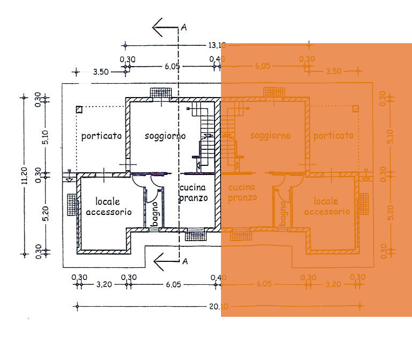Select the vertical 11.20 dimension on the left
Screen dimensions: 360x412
[x=23, y=177]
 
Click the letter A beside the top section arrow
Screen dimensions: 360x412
[x=184, y=27]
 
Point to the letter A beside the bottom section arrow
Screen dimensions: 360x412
[x=185, y=261]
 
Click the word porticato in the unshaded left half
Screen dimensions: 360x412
[x=101, y=136]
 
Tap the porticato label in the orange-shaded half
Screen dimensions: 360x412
[x=334, y=135]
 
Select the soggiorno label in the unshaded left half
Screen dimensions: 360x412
[x=165, y=136]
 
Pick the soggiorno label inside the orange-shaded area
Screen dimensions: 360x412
[x=271, y=135]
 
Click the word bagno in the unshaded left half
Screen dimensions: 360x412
[x=154, y=213]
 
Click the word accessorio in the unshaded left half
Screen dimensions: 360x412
[x=108, y=212]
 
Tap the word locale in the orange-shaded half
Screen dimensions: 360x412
[x=327, y=201]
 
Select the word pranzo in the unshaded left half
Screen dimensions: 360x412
[x=193, y=198]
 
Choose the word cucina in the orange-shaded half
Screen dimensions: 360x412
[x=242, y=187]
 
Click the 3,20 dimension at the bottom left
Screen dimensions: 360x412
[x=104, y=284]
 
